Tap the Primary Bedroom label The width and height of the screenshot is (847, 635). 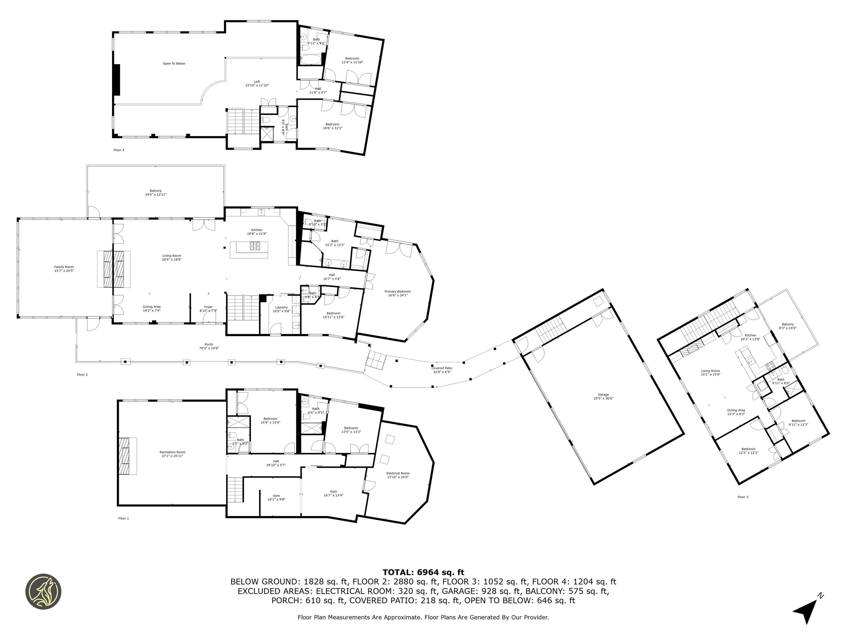[x=398, y=293]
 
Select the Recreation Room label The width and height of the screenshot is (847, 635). [x=172, y=454]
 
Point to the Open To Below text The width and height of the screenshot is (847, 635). [x=174, y=64]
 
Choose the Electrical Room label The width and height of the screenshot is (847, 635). [x=398, y=475]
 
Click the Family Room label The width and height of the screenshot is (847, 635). [x=64, y=269]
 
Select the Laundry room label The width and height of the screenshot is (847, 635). [x=282, y=309]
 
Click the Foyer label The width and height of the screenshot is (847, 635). [x=208, y=308]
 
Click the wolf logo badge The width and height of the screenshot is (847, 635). [x=43, y=591]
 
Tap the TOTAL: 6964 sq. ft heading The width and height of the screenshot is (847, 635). [x=423, y=572]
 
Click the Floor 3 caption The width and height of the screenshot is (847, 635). [x=743, y=497]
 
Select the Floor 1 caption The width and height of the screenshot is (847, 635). [x=123, y=518]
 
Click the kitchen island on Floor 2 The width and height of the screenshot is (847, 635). [x=249, y=250]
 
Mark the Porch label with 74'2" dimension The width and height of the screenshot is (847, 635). [x=209, y=346]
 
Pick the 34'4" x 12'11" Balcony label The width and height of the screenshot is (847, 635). [x=156, y=193]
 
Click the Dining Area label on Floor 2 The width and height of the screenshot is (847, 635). [x=152, y=308]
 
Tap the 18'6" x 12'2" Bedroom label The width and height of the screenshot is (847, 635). [x=332, y=126]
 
